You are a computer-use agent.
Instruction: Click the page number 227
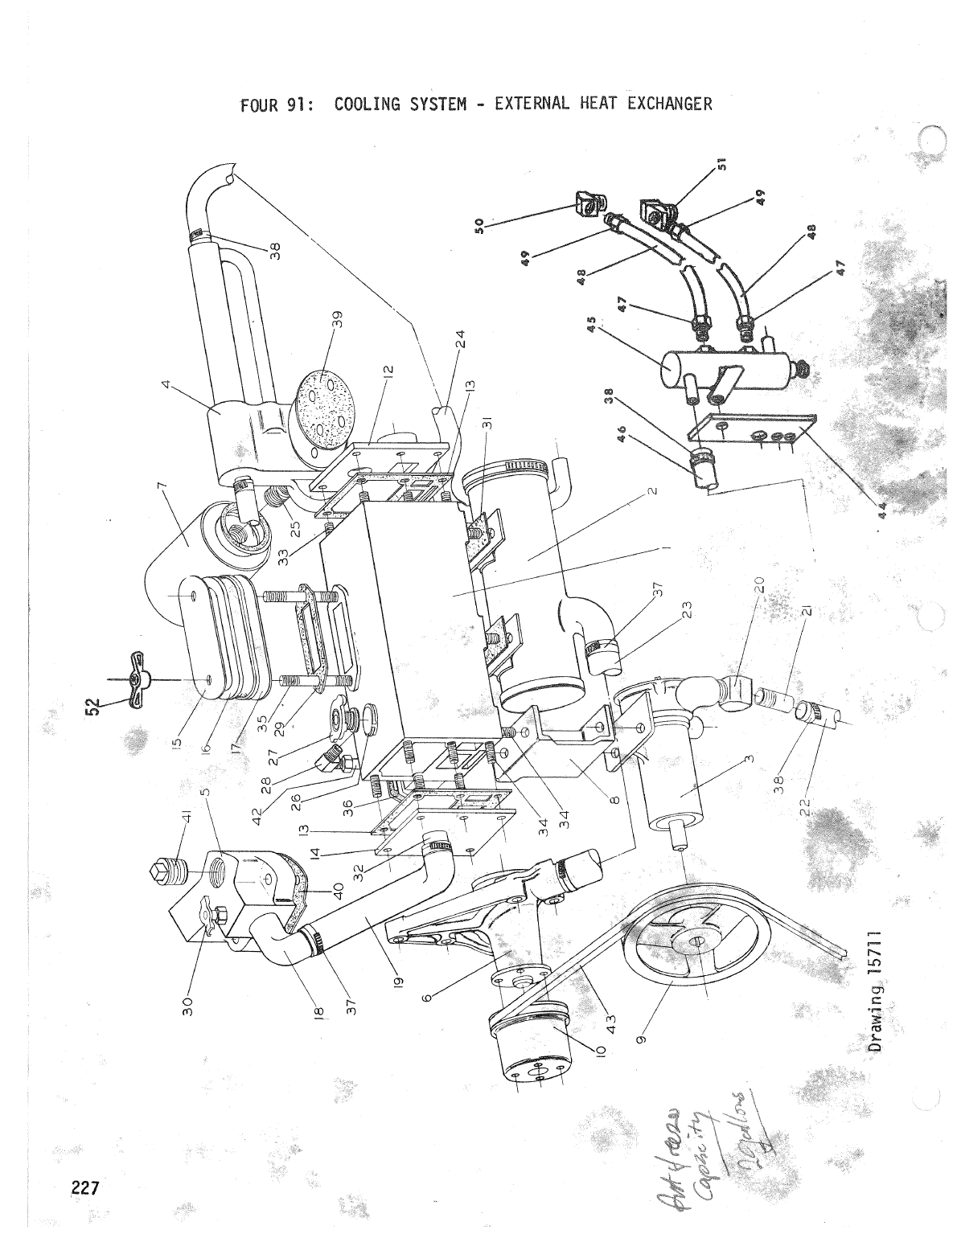click(82, 1188)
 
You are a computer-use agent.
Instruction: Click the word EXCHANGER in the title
click(672, 105)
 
